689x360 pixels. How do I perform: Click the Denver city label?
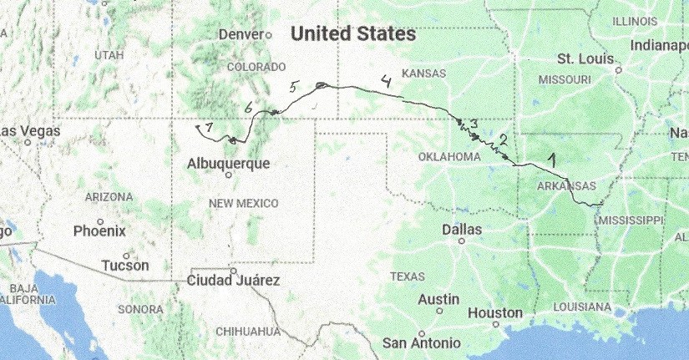(x=240, y=35)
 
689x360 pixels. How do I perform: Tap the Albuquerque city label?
(x=230, y=164)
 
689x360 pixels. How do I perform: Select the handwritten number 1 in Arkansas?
(x=550, y=156)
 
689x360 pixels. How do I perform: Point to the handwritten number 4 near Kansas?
(x=385, y=81)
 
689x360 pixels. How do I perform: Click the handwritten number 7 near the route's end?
(x=208, y=127)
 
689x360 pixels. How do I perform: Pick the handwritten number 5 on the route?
(x=293, y=87)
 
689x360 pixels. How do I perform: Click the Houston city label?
(x=495, y=313)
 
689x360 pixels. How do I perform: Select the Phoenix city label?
(x=99, y=231)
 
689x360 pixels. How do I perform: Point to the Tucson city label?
(x=124, y=266)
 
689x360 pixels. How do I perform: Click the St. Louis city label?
(x=585, y=59)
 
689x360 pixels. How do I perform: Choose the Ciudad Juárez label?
(x=233, y=281)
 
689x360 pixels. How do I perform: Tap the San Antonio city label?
(x=421, y=342)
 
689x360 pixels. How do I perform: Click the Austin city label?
(x=438, y=299)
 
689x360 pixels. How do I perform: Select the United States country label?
(x=353, y=34)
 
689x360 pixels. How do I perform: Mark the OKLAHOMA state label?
(x=450, y=157)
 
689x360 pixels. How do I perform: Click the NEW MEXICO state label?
(x=243, y=203)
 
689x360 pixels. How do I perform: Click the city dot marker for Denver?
(x=269, y=35)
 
